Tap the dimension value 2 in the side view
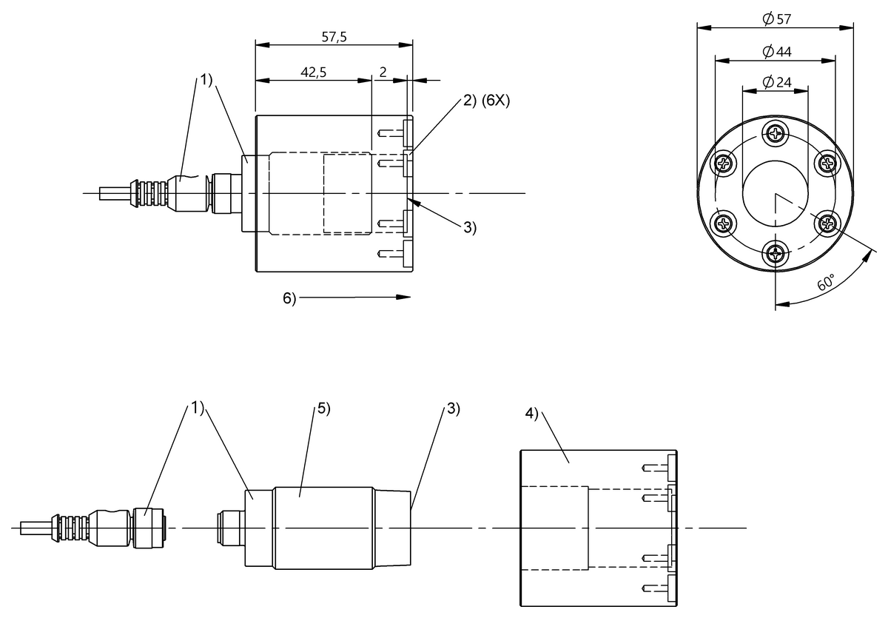(x=383, y=73)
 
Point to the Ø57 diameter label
(x=775, y=19)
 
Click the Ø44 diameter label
(x=775, y=51)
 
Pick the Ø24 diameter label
(x=775, y=82)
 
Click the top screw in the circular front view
(x=776, y=134)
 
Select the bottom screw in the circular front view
(x=776, y=255)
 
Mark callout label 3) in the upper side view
(x=470, y=228)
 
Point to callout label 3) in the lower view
(x=453, y=409)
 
